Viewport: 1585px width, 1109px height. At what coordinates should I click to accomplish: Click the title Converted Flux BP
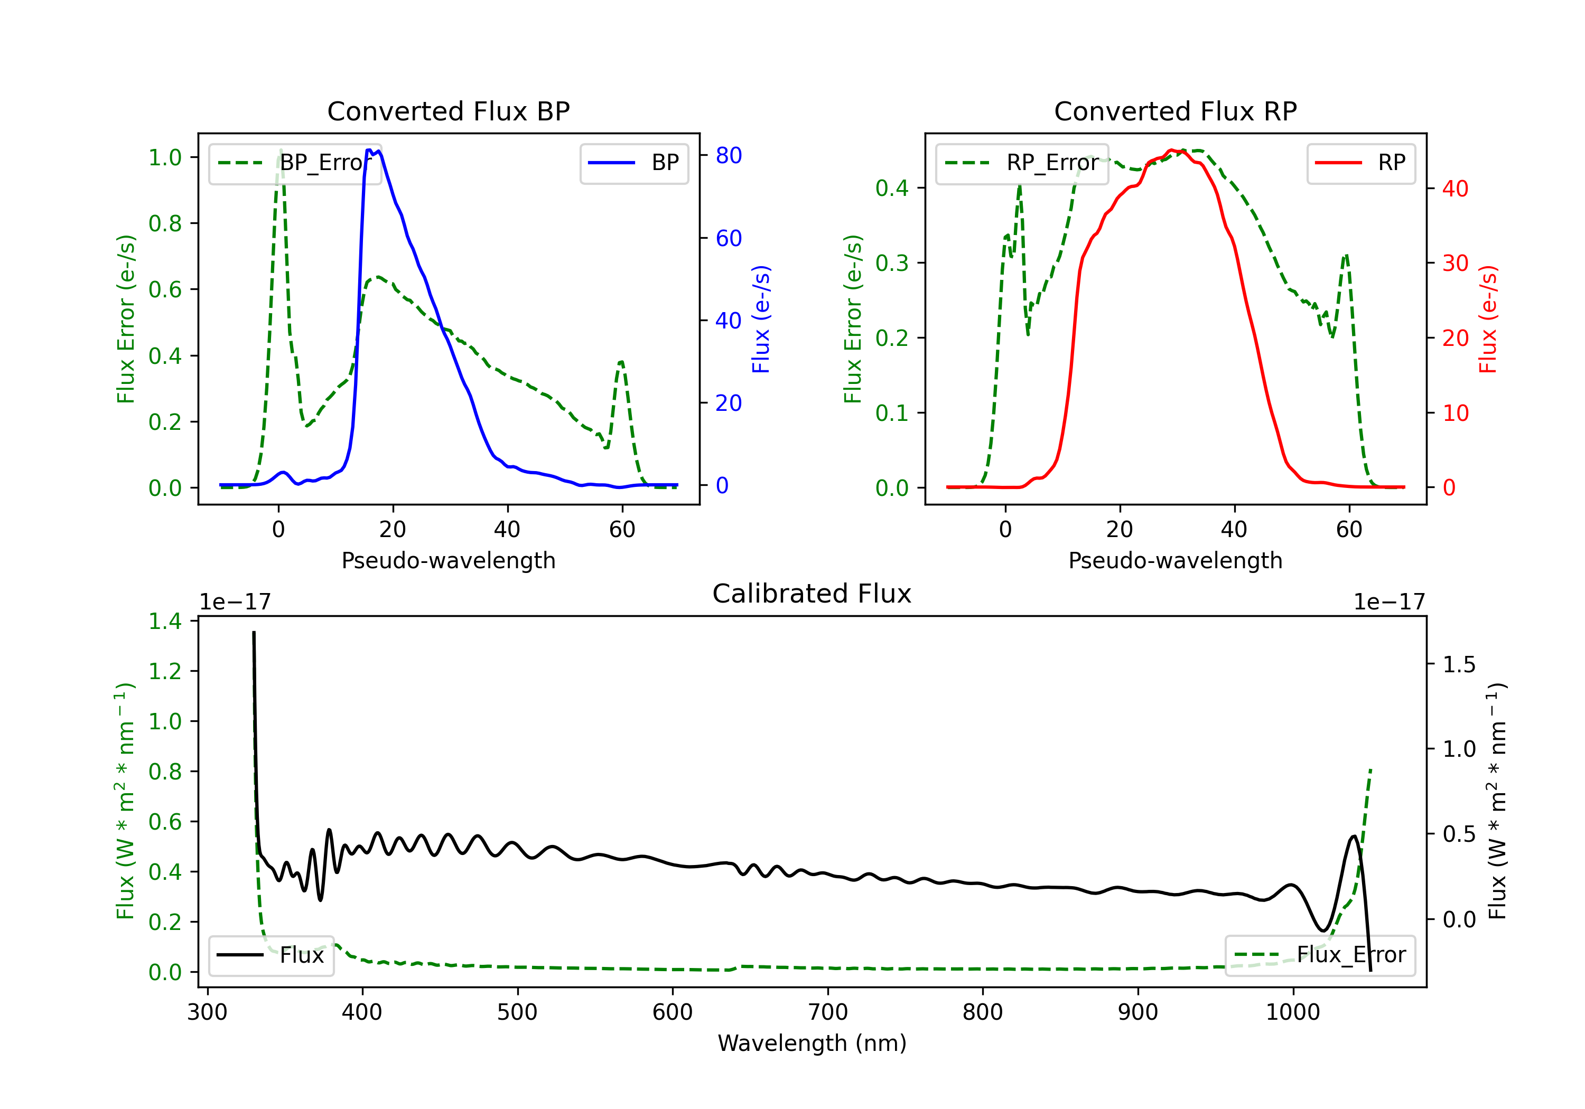[448, 111]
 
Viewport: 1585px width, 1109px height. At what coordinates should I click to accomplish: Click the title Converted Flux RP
[1175, 111]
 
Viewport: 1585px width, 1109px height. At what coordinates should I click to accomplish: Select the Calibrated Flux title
[812, 594]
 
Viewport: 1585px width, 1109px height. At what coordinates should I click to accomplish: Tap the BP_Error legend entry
[295, 163]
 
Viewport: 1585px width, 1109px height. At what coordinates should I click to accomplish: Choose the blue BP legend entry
[633, 163]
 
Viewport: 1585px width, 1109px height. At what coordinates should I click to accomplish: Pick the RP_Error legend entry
[1022, 163]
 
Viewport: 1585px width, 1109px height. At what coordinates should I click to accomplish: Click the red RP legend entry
[1360, 163]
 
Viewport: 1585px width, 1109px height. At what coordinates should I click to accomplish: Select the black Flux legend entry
[271, 955]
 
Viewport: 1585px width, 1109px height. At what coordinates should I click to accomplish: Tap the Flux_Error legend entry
[1320, 955]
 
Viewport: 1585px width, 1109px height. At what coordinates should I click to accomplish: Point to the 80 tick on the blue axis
[728, 155]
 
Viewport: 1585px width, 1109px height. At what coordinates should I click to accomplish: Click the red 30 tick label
[1455, 263]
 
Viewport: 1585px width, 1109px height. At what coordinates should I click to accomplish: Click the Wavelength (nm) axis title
[812, 1044]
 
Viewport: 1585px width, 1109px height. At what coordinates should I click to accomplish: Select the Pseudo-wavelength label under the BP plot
[448, 560]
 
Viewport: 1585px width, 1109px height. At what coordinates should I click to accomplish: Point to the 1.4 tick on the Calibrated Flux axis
[165, 621]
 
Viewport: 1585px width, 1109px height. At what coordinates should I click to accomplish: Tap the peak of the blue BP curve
[369, 150]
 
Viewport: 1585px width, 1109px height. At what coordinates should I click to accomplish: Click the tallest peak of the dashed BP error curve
[280, 150]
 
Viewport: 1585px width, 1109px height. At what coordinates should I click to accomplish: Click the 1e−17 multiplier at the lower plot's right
[1390, 603]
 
